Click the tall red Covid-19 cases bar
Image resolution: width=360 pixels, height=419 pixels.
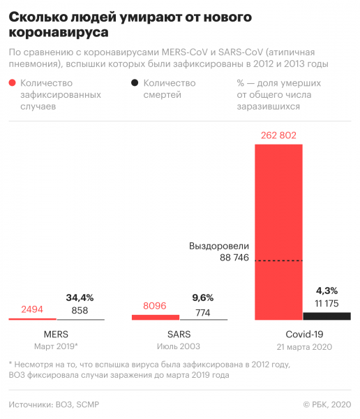pyautogui.click(x=278, y=230)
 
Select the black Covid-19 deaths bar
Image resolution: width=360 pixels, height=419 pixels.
pyautogui.click(x=327, y=316)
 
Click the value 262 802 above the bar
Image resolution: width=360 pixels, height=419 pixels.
pyautogui.click(x=278, y=135)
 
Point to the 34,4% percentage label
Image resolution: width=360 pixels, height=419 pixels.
pyautogui.click(x=80, y=297)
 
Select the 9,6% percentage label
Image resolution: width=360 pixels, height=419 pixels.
pyautogui.click(x=203, y=297)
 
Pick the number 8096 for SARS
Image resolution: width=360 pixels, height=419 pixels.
pyautogui.click(x=156, y=305)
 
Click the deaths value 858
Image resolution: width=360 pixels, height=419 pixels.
pyautogui.click(x=80, y=310)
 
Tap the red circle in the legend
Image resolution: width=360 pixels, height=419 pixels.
pyautogui.click(x=13, y=83)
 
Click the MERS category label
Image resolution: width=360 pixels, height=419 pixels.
pyautogui.click(x=56, y=334)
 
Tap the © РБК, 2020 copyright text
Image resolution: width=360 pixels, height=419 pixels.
pyautogui.click(x=327, y=404)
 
